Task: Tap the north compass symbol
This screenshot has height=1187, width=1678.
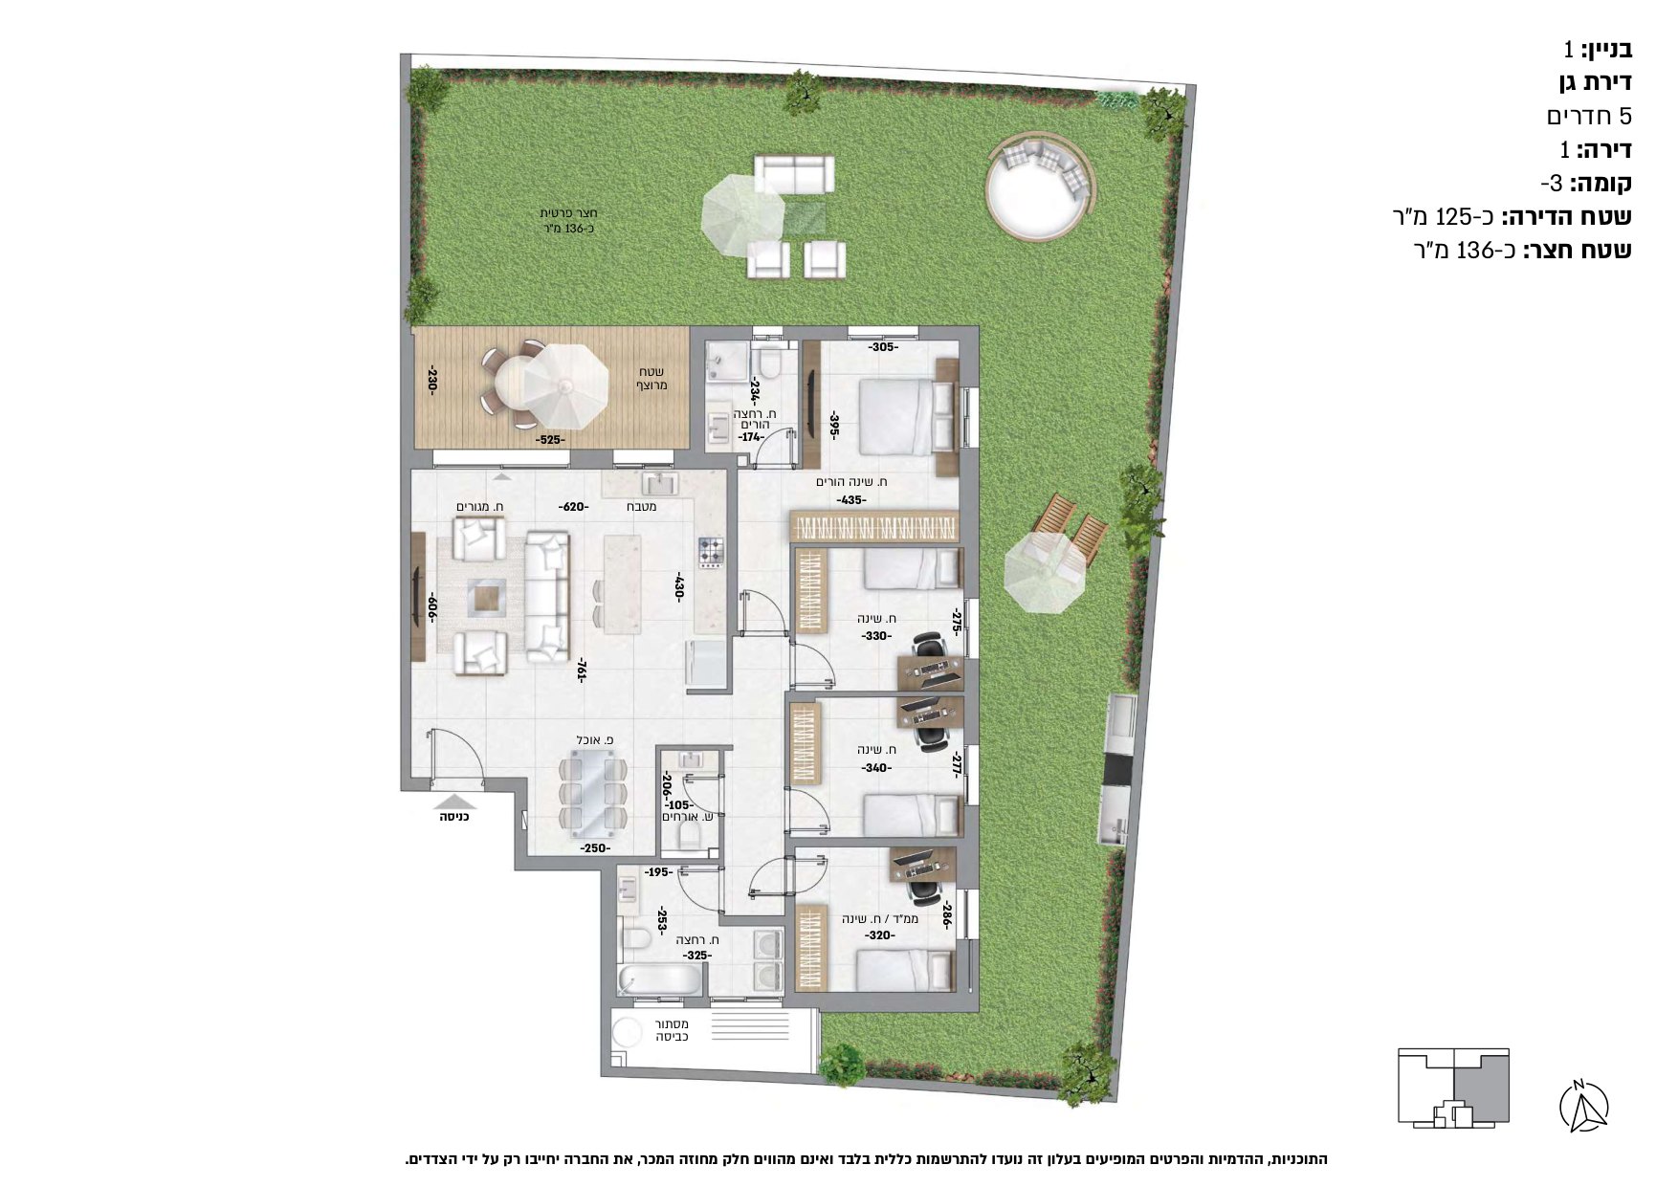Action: tap(1583, 1107)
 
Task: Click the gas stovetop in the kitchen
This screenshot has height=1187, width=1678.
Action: tap(712, 552)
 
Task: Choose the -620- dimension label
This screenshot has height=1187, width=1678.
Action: tap(574, 506)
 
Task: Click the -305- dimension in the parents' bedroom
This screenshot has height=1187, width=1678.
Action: tap(883, 347)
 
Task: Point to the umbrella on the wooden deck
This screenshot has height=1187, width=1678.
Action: tap(565, 386)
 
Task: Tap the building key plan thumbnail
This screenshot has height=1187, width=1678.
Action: tap(1453, 1087)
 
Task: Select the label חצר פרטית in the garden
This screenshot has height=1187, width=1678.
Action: tap(569, 212)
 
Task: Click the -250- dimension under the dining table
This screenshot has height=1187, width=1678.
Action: tap(594, 848)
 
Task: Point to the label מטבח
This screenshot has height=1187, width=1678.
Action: tap(641, 506)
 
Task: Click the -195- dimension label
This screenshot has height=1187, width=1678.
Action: tap(657, 872)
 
